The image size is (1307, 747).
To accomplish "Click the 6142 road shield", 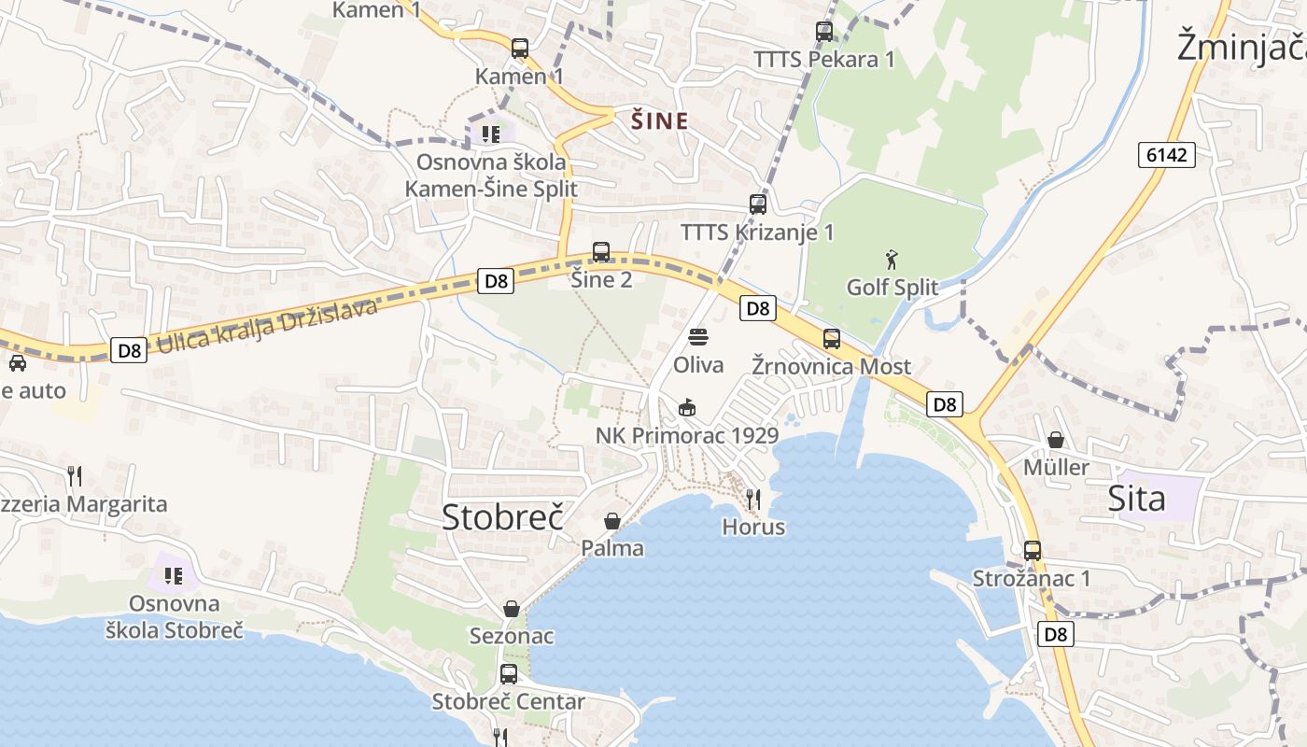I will (x=1166, y=155).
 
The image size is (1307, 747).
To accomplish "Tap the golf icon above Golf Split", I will (x=892, y=259).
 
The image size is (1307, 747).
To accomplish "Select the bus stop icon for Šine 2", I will (x=601, y=251).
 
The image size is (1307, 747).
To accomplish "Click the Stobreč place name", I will (x=502, y=516).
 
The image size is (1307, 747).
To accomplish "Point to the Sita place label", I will (x=1136, y=499).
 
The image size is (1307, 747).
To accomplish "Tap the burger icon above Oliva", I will (x=698, y=337).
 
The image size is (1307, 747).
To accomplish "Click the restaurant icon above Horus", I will (x=753, y=499).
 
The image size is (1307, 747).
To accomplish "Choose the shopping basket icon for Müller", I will (x=1056, y=439).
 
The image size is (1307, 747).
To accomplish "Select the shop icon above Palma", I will (x=612, y=520).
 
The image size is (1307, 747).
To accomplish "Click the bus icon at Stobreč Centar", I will (x=509, y=673).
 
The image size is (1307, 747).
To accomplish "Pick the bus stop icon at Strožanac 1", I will (x=1032, y=550).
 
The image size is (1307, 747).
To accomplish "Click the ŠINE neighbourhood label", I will (x=660, y=120).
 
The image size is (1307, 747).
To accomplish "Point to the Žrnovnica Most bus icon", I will (x=831, y=338).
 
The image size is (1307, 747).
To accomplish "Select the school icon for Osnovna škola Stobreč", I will (x=174, y=575).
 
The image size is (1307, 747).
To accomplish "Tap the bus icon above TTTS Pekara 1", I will (x=824, y=31).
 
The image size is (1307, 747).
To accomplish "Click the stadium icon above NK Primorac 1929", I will (x=686, y=407).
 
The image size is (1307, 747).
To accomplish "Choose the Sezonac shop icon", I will (x=512, y=609).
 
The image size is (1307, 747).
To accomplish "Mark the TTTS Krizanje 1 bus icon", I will (x=758, y=204).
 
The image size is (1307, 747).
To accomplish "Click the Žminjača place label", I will (x=1241, y=46).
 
